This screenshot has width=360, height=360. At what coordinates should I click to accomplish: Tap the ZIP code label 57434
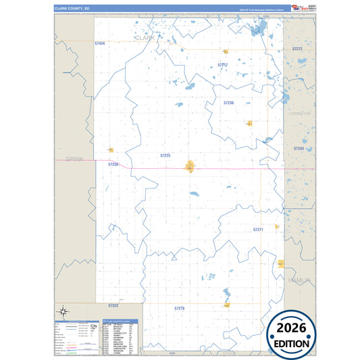[x=101, y=43]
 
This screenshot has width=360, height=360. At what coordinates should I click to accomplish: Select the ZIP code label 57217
[x=223, y=65]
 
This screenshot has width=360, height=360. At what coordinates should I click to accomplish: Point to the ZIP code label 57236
[x=228, y=103]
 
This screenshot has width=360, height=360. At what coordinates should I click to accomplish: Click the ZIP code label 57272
[x=297, y=49]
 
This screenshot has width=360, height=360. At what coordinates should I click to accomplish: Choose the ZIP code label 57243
[x=299, y=148]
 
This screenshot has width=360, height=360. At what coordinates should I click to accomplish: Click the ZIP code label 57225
[x=165, y=155]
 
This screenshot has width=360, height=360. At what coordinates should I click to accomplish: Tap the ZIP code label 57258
[x=113, y=164]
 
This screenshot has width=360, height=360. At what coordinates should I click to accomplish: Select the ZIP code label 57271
[x=258, y=230]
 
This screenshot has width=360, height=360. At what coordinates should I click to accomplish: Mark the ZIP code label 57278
[x=179, y=308]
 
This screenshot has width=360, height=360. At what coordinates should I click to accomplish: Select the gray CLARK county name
[x=145, y=38]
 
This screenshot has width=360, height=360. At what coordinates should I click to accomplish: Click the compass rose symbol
[x=63, y=311]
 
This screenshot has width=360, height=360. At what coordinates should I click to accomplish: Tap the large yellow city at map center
[x=191, y=165]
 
